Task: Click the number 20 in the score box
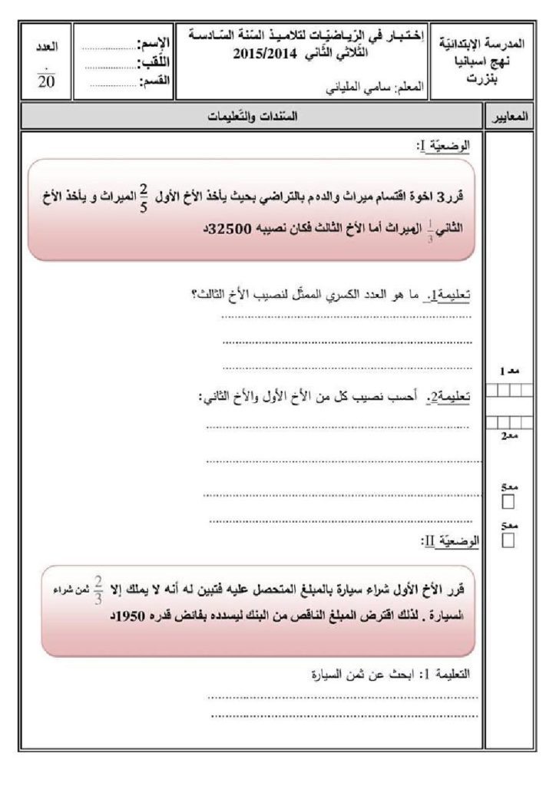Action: pos(45,83)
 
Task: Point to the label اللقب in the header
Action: pos(156,61)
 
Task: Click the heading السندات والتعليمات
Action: pos(251,117)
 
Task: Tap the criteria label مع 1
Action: pos(508,371)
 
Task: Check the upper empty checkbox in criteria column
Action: pos(507,503)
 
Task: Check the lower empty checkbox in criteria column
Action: pos(507,542)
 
